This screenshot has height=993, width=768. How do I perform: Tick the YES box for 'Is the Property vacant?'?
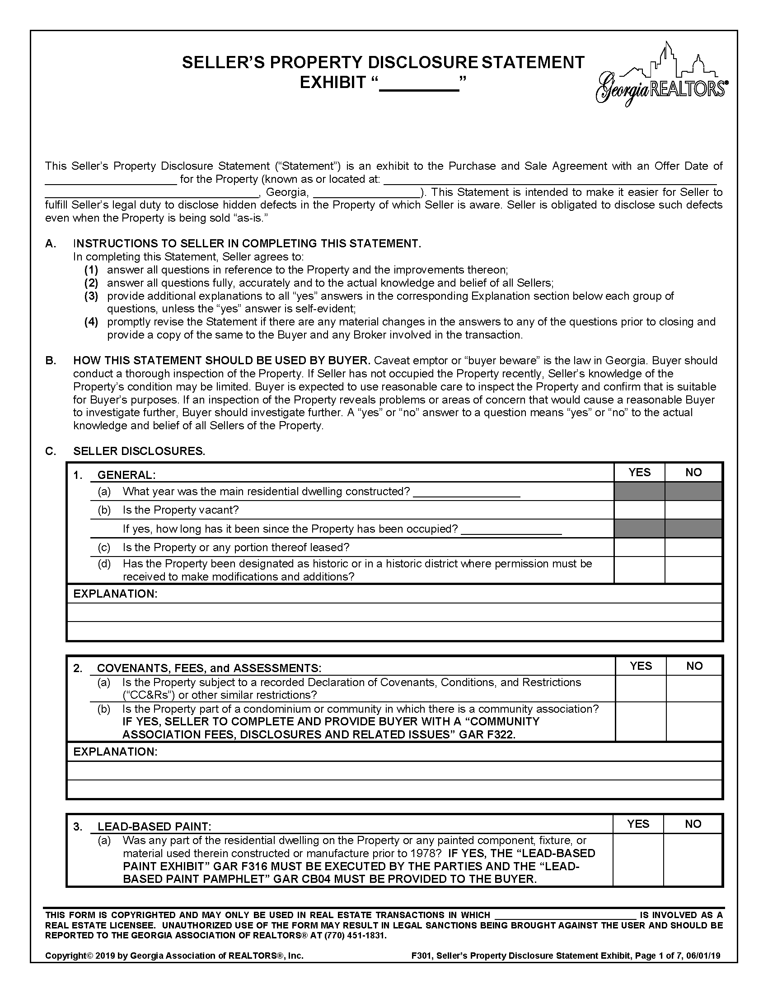(x=639, y=510)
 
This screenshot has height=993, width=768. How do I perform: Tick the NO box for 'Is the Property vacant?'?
(x=693, y=510)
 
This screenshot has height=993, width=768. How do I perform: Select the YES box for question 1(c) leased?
(x=639, y=547)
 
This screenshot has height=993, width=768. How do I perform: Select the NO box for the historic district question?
(x=693, y=570)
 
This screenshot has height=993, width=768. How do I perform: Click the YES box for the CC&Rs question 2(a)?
(x=640, y=688)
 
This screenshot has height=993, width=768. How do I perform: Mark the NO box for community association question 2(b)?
(x=694, y=721)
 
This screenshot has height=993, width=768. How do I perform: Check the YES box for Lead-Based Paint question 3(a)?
(x=638, y=859)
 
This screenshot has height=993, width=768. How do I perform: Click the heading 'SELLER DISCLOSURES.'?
(x=139, y=451)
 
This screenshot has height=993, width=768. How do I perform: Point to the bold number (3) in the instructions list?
(x=91, y=296)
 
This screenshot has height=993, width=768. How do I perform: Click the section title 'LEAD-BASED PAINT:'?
(x=154, y=826)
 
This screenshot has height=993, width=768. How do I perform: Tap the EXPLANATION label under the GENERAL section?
(x=115, y=594)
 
